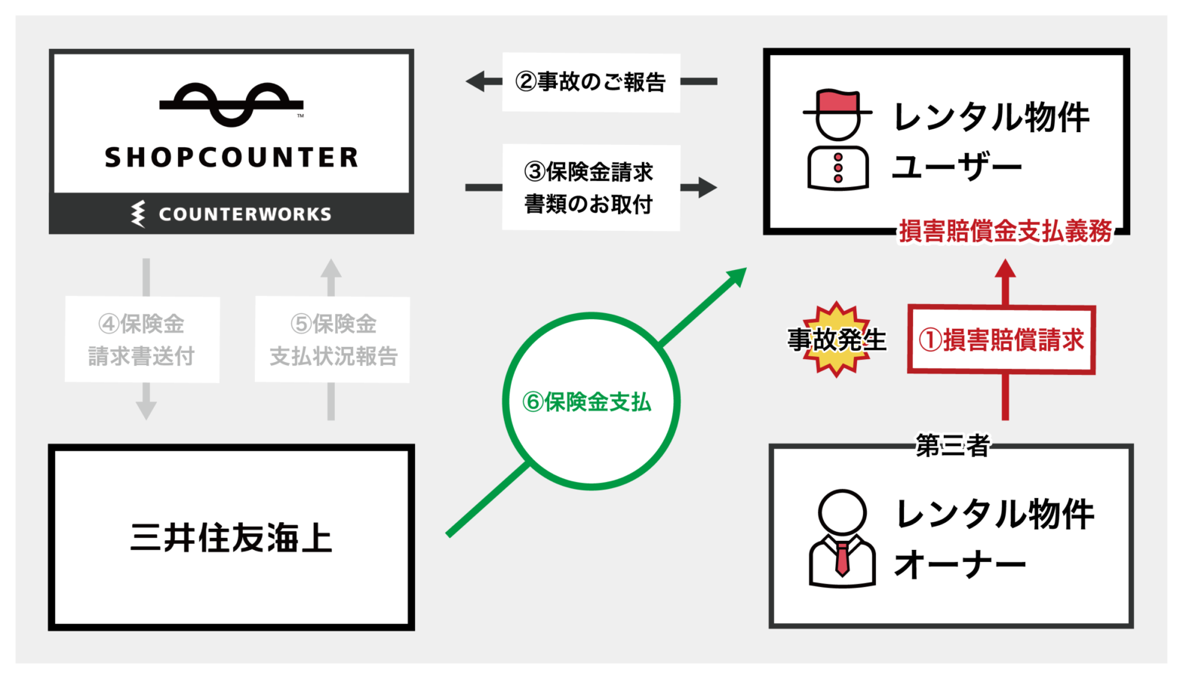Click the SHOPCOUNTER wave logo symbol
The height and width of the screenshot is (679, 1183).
(x=232, y=104)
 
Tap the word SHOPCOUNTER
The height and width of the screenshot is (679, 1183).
(x=232, y=158)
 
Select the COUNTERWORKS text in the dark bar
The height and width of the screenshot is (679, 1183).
(x=244, y=214)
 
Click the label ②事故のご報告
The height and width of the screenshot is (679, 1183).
(x=591, y=82)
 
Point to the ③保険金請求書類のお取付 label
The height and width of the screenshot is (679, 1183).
(x=590, y=188)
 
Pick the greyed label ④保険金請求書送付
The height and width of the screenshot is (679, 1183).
(x=142, y=339)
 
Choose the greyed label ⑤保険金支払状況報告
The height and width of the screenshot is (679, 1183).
(x=333, y=339)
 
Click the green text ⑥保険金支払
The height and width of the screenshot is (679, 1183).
(x=587, y=402)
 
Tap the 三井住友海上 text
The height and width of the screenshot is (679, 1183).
(x=231, y=538)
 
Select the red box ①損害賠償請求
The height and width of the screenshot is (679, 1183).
(x=1001, y=340)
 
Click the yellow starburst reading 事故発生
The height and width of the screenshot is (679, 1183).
(x=837, y=339)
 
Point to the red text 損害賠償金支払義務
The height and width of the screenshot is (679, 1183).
(x=1005, y=231)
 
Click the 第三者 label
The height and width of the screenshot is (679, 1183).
(x=952, y=446)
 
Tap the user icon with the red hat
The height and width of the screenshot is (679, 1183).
(x=837, y=140)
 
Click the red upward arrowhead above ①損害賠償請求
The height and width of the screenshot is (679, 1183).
(x=1005, y=270)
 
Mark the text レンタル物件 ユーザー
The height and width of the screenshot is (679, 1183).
(x=991, y=142)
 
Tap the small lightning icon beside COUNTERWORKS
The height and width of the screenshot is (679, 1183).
(x=138, y=214)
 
